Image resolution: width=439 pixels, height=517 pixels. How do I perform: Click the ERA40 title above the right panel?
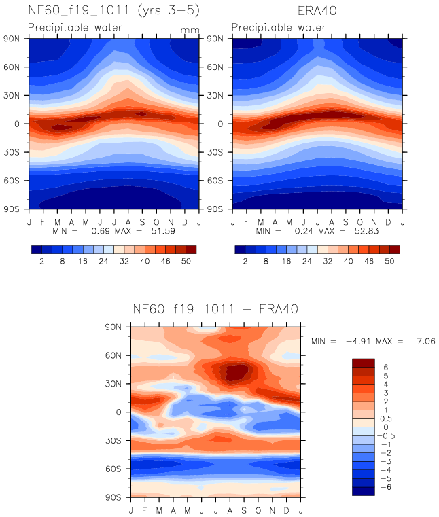[317, 11]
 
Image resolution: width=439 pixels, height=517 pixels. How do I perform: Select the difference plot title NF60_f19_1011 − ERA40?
[215, 310]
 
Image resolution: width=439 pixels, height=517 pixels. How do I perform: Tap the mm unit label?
[190, 30]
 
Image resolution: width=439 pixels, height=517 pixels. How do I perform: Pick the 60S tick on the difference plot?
[120, 468]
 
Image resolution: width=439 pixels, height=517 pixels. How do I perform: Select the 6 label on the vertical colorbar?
[386, 367]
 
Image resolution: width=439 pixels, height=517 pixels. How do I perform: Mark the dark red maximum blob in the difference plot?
[236, 372]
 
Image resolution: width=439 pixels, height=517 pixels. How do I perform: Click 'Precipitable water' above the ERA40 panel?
[279, 28]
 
